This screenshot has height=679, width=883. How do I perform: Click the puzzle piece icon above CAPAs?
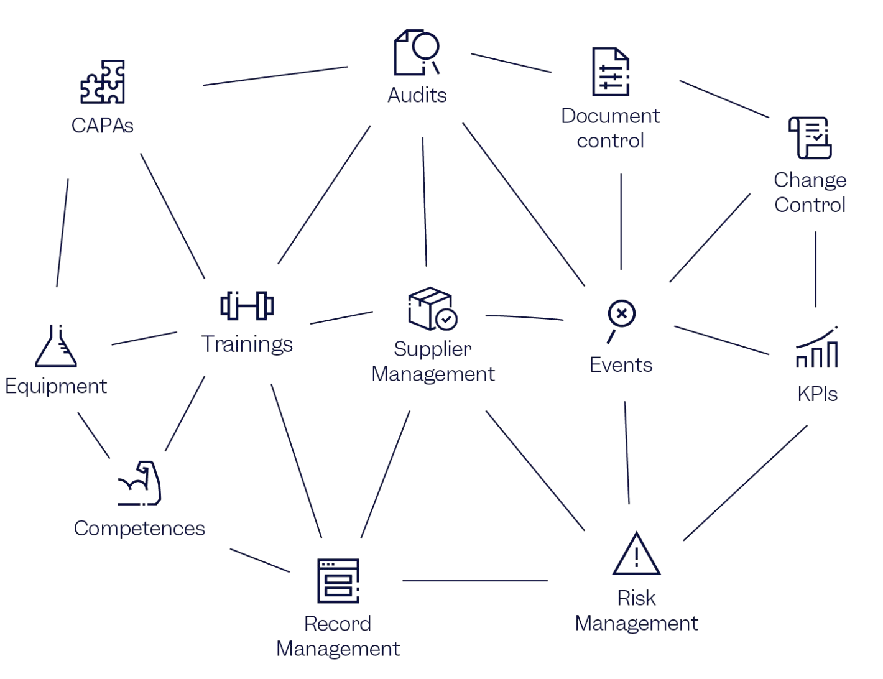[x=103, y=82]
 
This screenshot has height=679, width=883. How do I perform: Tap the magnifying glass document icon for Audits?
[x=416, y=52]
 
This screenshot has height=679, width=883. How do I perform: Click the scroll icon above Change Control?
[x=810, y=137]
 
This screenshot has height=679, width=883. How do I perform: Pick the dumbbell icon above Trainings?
[x=247, y=305]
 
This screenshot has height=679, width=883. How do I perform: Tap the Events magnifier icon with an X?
[x=620, y=319]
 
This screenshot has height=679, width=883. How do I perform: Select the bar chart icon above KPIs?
[x=817, y=348]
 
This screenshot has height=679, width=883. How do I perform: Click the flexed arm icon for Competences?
[x=140, y=483]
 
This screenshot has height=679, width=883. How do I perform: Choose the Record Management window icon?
[x=338, y=581]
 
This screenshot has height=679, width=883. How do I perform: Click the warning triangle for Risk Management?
[x=636, y=554]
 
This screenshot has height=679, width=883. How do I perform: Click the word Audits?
[x=417, y=95]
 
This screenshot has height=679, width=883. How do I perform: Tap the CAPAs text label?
[x=103, y=126]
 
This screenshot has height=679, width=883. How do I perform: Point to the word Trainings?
[x=247, y=344]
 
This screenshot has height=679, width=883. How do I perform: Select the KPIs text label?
[x=817, y=394]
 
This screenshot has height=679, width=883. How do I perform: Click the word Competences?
[x=139, y=529]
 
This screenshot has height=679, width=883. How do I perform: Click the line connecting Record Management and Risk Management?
[x=475, y=581]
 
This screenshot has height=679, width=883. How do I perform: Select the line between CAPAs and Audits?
[x=275, y=76]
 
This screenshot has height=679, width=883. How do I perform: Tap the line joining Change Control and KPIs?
[x=815, y=269]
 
